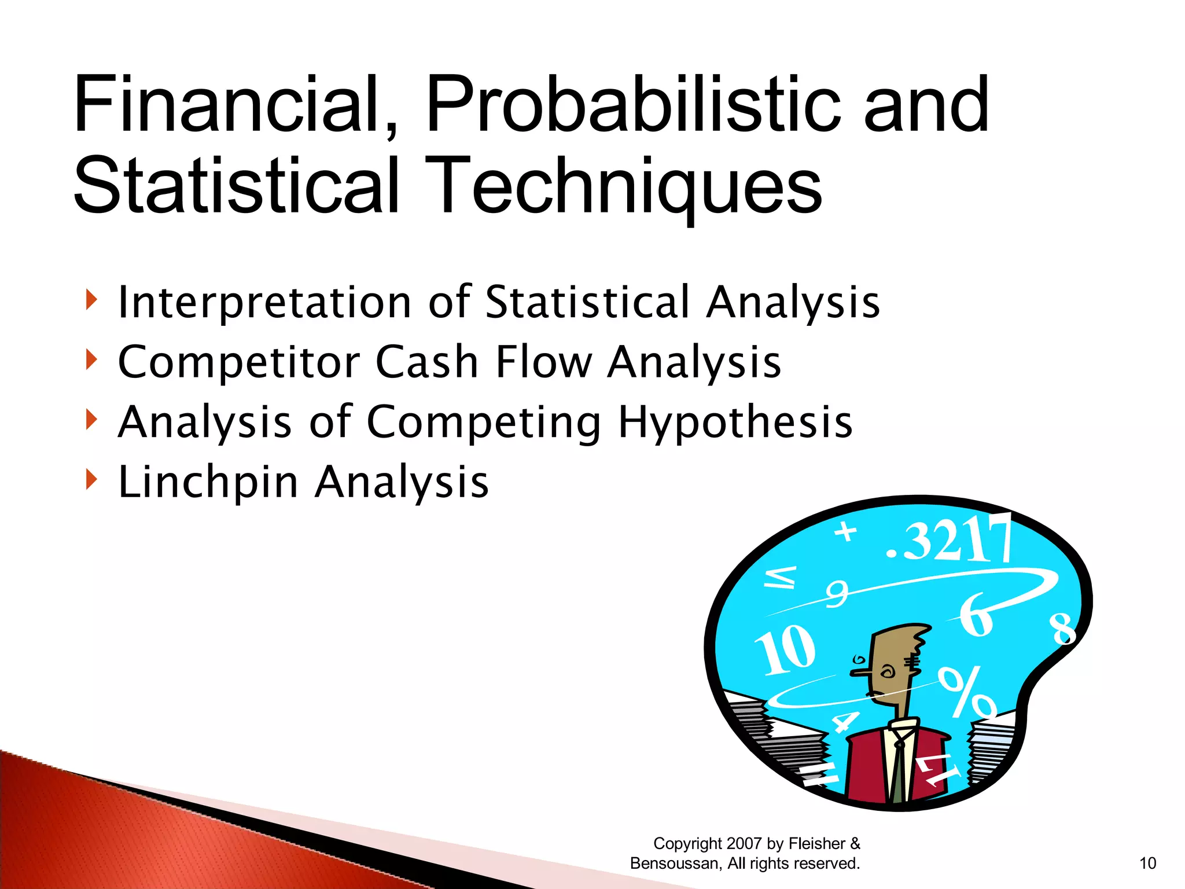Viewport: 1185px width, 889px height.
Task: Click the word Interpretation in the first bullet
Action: click(264, 303)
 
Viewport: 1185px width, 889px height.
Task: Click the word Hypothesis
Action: click(735, 422)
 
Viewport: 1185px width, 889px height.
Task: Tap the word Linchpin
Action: click(208, 482)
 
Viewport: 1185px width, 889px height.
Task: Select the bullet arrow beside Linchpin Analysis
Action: click(90, 479)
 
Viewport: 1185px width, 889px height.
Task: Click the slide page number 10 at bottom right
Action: click(1147, 863)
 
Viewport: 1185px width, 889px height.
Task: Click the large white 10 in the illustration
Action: click(786, 650)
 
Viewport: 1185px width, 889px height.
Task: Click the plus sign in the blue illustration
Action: click(846, 531)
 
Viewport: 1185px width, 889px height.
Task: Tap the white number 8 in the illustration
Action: click(1063, 629)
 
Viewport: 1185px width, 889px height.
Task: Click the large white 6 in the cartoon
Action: click(977, 615)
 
